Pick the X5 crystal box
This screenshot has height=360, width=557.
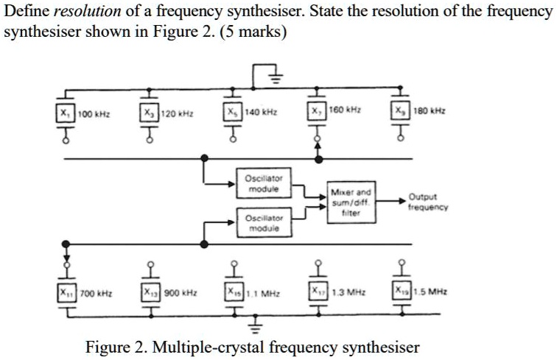pos(231,116)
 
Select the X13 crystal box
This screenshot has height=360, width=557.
pos(150,292)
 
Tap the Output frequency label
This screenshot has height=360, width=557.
pos(427,202)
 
